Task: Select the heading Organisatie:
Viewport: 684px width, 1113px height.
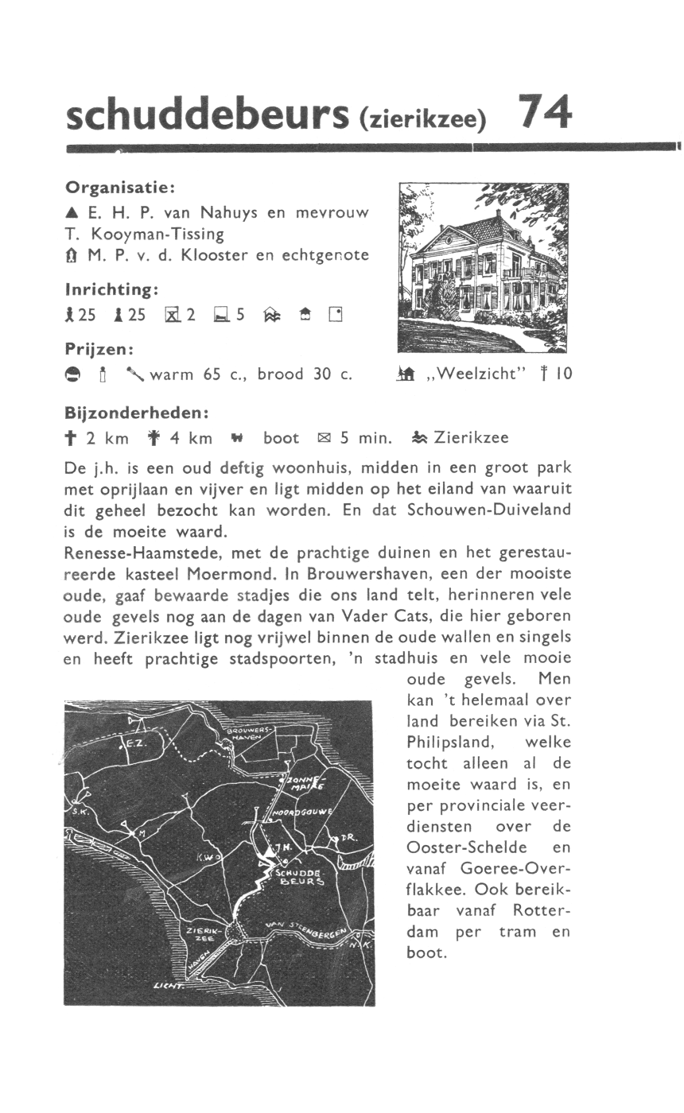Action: tap(119, 188)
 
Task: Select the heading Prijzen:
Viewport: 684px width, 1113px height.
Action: tap(99, 349)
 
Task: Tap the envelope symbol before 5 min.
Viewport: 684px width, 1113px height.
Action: tap(324, 438)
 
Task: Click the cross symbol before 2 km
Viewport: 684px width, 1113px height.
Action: tap(71, 438)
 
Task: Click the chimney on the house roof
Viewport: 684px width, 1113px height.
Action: tap(499, 215)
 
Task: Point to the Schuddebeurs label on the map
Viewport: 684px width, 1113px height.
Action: tap(298, 876)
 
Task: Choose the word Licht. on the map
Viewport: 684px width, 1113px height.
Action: tap(169, 987)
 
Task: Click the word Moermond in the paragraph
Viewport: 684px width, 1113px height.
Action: tap(225, 574)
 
